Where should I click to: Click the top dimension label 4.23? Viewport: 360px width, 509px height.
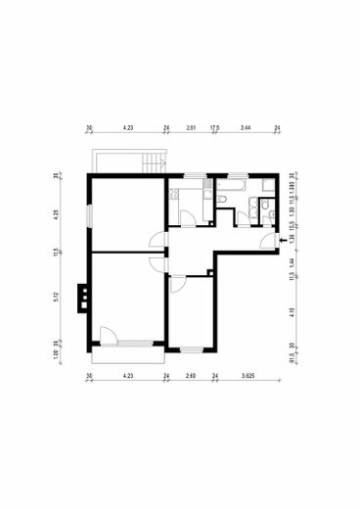click(x=127, y=127)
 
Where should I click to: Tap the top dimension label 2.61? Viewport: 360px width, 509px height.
click(x=192, y=127)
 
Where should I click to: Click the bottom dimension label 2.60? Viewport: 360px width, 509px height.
click(x=192, y=375)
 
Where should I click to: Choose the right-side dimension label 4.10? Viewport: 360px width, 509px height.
click(x=292, y=313)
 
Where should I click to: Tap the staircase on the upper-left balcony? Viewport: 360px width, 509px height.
click(x=150, y=162)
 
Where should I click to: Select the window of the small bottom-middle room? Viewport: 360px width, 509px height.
click(x=191, y=348)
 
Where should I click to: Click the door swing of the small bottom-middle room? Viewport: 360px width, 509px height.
click(x=177, y=285)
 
